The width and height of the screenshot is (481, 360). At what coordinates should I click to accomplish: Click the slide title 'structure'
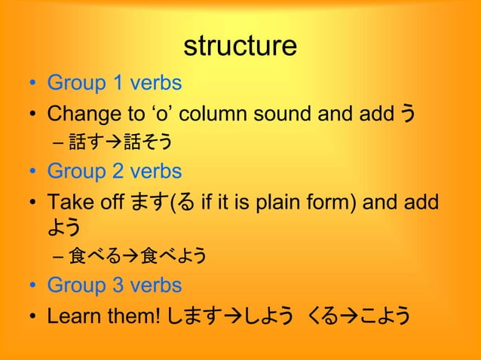pyautogui.click(x=240, y=47)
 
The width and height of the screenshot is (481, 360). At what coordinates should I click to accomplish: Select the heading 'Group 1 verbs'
pyautogui.click(x=114, y=82)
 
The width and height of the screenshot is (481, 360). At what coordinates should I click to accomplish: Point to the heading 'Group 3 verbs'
pyautogui.click(x=114, y=285)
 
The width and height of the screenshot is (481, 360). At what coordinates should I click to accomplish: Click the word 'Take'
pyautogui.click(x=65, y=202)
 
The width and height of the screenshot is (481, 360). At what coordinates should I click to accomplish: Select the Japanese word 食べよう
pyautogui.click(x=173, y=258)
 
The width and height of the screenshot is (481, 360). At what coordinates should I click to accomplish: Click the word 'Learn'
pyautogui.click(x=72, y=316)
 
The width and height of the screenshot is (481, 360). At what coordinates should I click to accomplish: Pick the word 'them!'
pyautogui.click(x=130, y=316)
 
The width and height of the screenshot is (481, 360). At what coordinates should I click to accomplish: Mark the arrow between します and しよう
pyautogui.click(x=226, y=316)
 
